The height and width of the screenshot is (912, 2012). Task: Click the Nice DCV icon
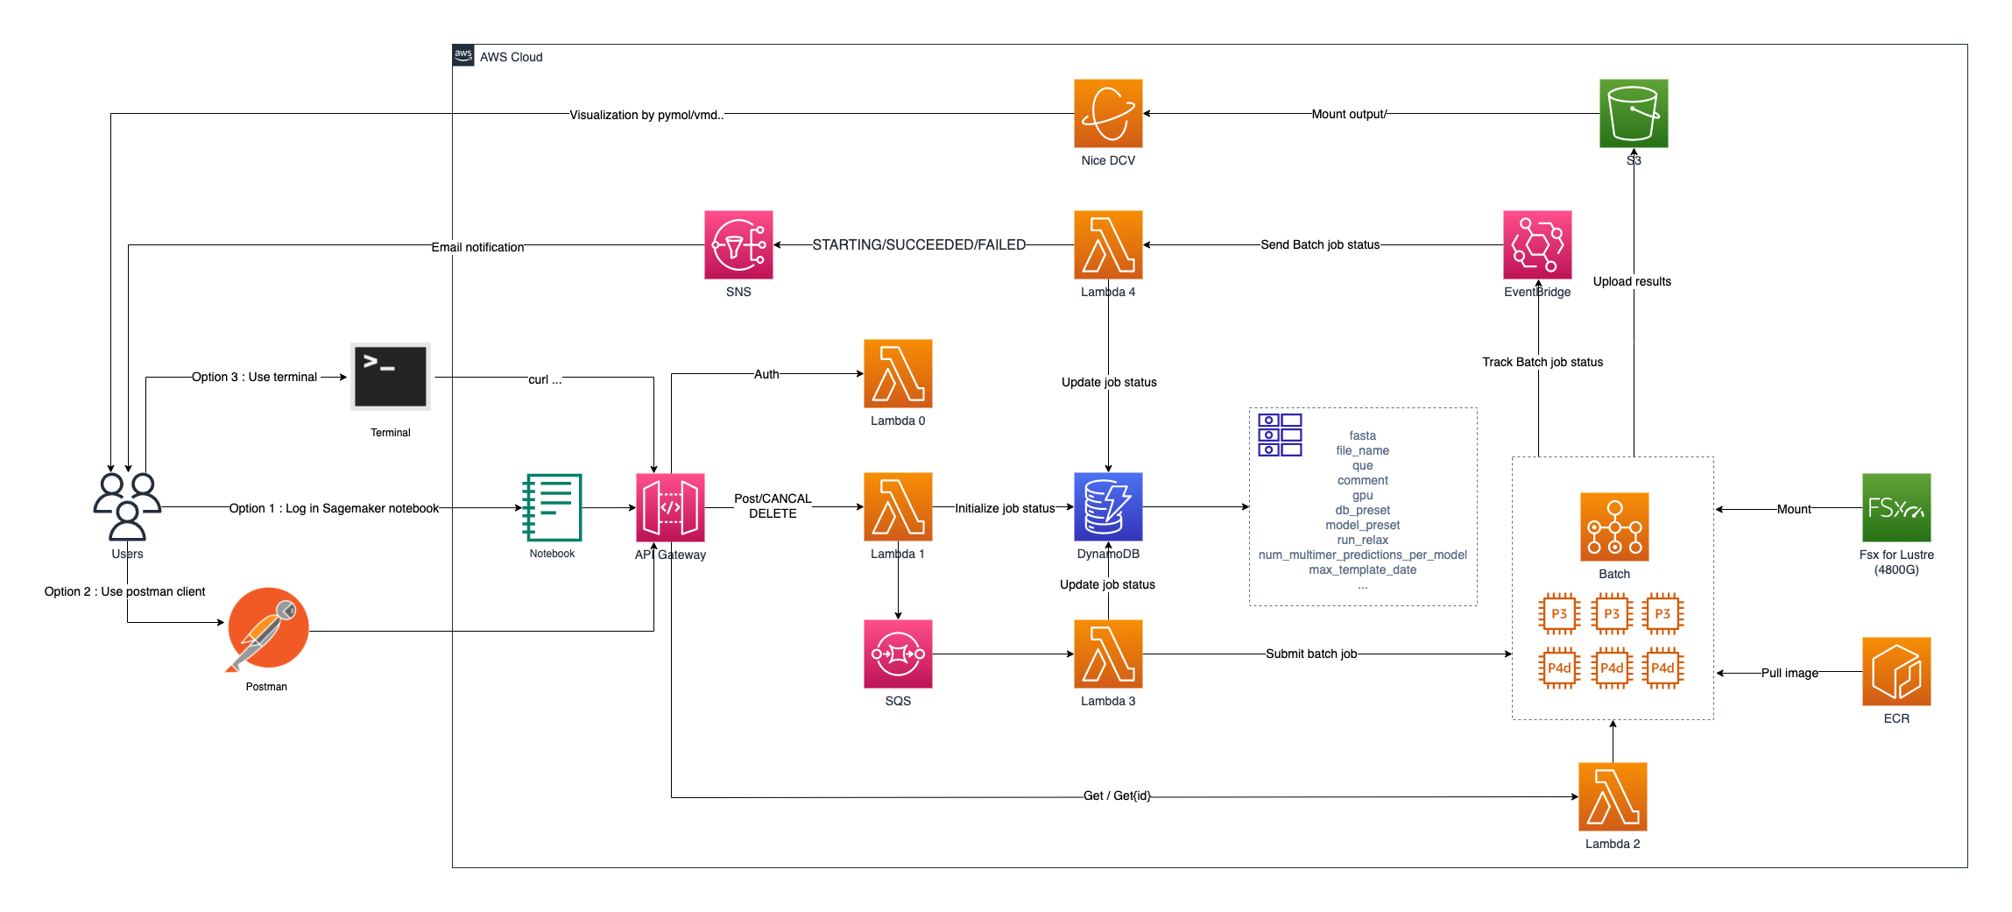[x=1107, y=114]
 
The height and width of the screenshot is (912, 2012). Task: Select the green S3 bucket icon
[x=1633, y=114]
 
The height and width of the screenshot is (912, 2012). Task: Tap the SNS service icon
[x=738, y=244]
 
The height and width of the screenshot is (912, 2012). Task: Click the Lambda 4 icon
[x=1107, y=244]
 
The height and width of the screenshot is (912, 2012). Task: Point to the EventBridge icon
[x=1536, y=244]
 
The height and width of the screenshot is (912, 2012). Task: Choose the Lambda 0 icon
[x=897, y=373]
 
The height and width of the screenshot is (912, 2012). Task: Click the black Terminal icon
[x=391, y=377]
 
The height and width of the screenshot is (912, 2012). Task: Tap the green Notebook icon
[x=552, y=507]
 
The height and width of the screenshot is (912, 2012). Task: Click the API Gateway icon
[x=670, y=507]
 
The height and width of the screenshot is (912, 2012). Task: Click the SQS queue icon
[x=897, y=654]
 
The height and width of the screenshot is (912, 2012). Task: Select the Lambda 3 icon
[x=1107, y=654]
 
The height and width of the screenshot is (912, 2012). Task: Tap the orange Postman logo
[x=267, y=629]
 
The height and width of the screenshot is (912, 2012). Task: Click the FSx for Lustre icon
[x=1896, y=507]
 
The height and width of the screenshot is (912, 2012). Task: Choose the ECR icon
[x=1896, y=671]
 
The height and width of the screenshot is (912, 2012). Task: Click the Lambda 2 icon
[x=1612, y=796]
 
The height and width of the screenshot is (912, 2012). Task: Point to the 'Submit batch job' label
[x=1310, y=654]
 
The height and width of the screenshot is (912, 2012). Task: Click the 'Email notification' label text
[x=477, y=247]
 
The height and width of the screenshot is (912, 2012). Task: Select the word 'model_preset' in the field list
[x=1362, y=525]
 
